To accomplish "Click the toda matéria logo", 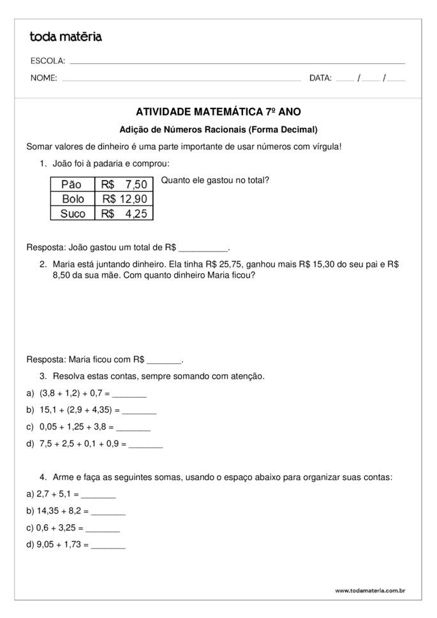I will (x=66, y=37).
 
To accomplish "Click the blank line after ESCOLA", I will (x=237, y=63).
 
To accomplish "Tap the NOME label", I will (x=43, y=79).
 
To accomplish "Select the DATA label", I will (x=320, y=79).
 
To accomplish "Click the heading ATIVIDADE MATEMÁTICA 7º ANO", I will (x=218, y=112).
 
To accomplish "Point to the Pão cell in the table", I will (x=72, y=185).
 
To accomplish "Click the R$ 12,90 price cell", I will (x=124, y=199).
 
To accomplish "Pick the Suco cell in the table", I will (x=72, y=214).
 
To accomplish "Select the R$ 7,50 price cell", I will (x=124, y=185).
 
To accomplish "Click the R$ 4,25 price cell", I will (x=124, y=214).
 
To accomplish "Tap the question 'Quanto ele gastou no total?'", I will (x=215, y=180).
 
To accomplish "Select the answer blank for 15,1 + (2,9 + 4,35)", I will (x=139, y=411).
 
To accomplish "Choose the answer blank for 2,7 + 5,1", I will (x=98, y=495).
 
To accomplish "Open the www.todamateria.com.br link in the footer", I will (x=370, y=591).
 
